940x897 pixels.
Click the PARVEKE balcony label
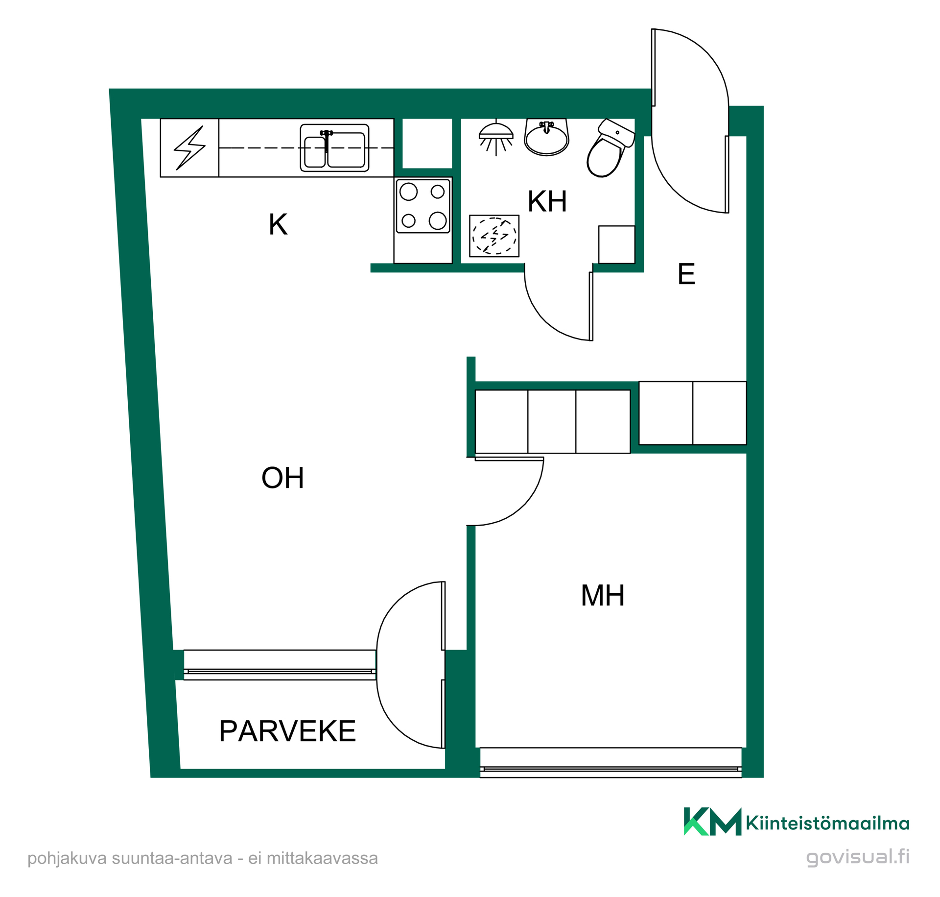287,731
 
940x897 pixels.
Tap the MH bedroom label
603,596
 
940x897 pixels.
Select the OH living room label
283,478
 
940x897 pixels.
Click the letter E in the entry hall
686,274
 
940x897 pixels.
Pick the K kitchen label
278,224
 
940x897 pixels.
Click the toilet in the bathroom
610,148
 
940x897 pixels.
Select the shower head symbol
496,138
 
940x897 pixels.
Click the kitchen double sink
334,147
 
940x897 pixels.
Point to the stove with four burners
423,206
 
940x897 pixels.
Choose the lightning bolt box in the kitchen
189,147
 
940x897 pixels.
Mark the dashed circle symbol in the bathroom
494,236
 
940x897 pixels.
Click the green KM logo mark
712,822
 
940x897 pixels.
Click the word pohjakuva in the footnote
67,859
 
